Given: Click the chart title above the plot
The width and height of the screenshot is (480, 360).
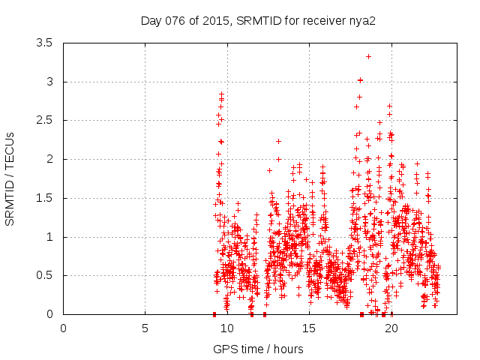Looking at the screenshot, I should click(258, 20).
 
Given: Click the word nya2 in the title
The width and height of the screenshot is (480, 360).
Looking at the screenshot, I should click(361, 20).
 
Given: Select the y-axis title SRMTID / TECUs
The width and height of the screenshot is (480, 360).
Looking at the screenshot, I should click(10, 178).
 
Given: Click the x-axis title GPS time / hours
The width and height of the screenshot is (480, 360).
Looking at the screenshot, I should click(258, 349).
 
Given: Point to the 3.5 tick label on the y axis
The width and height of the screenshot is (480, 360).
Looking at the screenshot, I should click(44, 43).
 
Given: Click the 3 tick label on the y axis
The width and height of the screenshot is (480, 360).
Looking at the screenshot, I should click(49, 82).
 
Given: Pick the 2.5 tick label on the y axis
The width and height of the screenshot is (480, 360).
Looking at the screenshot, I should click(44, 121).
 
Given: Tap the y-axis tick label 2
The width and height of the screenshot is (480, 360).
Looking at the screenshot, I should click(49, 159).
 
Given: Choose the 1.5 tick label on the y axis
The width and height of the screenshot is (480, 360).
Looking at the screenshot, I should click(44, 198).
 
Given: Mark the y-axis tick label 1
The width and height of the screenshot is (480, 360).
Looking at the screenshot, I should click(49, 237).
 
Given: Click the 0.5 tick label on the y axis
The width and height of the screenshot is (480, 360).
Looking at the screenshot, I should click(44, 275).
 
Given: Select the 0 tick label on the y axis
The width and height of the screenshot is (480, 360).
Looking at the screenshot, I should click(49, 314).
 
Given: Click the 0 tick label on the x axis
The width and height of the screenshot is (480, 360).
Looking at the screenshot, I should click(63, 328).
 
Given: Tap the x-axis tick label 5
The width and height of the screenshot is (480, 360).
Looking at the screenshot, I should click(145, 328).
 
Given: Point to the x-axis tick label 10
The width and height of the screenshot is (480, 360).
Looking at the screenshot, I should click(226, 328).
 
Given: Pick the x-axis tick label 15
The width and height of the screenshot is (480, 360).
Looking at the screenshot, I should click(309, 328).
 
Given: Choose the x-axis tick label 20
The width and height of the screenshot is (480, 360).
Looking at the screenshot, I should click(391, 328).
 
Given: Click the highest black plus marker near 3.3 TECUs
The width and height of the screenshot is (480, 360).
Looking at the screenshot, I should click(368, 56).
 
